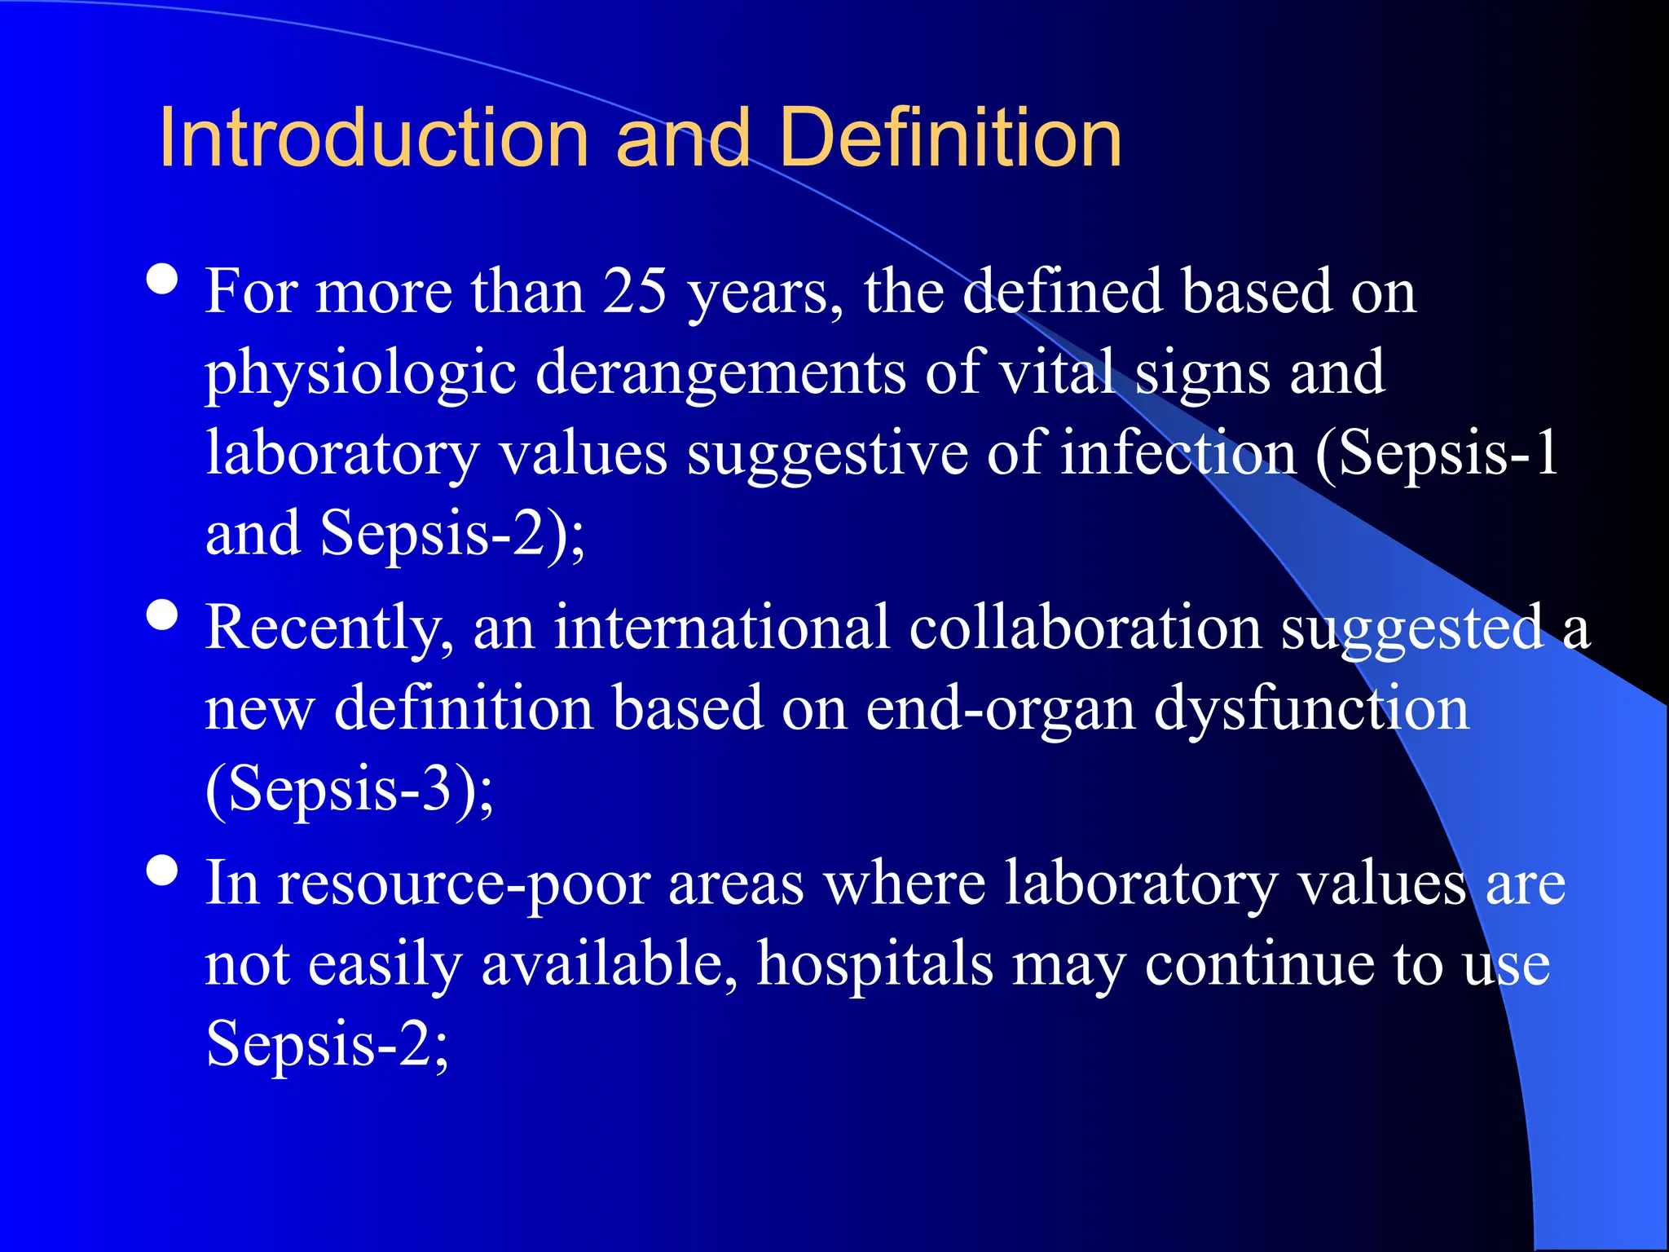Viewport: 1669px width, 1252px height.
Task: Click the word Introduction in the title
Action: (x=373, y=139)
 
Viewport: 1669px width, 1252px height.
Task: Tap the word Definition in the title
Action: (x=950, y=139)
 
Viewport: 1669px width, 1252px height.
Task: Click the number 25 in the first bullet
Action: (x=635, y=291)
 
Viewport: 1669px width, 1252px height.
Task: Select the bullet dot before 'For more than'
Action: (x=163, y=280)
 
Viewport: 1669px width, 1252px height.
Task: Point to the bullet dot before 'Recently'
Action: (x=163, y=615)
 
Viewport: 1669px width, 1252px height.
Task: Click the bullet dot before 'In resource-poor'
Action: (x=163, y=871)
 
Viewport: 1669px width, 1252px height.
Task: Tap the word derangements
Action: (x=720, y=373)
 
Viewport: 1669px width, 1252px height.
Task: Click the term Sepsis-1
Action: (x=1438, y=453)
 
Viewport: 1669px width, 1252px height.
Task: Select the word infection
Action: (x=1178, y=452)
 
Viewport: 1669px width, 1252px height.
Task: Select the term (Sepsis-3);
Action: (x=350, y=789)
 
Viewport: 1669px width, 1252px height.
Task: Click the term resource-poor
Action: (x=464, y=884)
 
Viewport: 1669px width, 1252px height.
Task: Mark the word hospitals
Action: (x=875, y=963)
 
